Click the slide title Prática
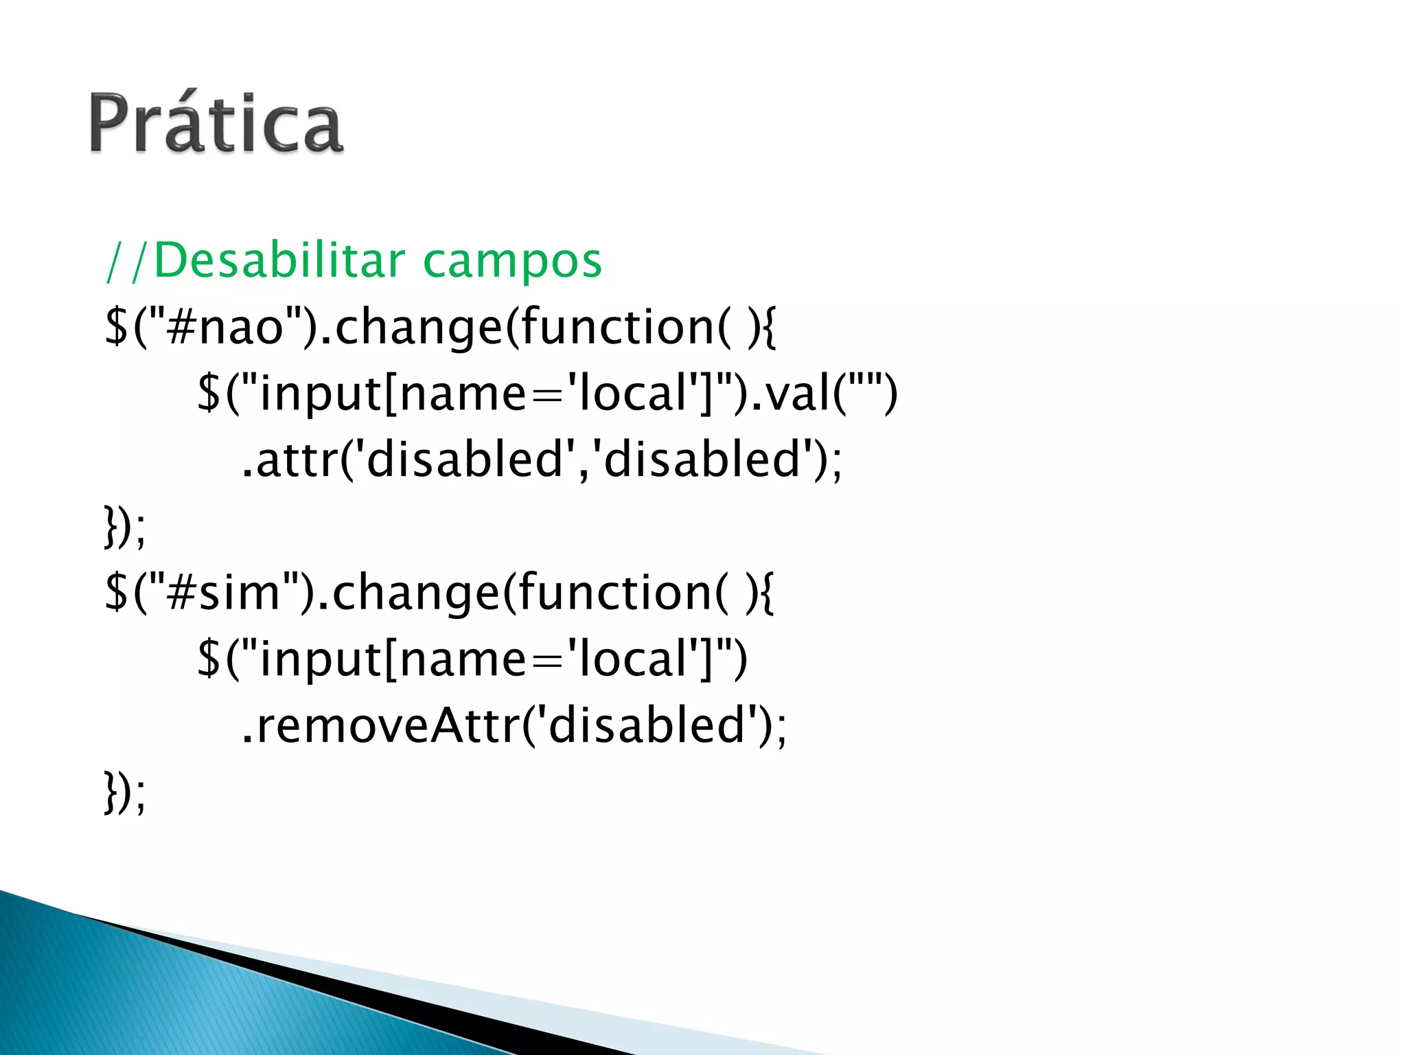pos(216,124)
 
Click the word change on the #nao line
pos(419,328)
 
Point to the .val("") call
pos(824,394)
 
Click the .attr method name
pos(288,460)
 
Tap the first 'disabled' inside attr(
pos(467,459)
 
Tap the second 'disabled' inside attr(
pos(704,459)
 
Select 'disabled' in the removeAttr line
pos(649,725)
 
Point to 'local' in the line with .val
pos(632,394)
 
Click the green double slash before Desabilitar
pos(128,262)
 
